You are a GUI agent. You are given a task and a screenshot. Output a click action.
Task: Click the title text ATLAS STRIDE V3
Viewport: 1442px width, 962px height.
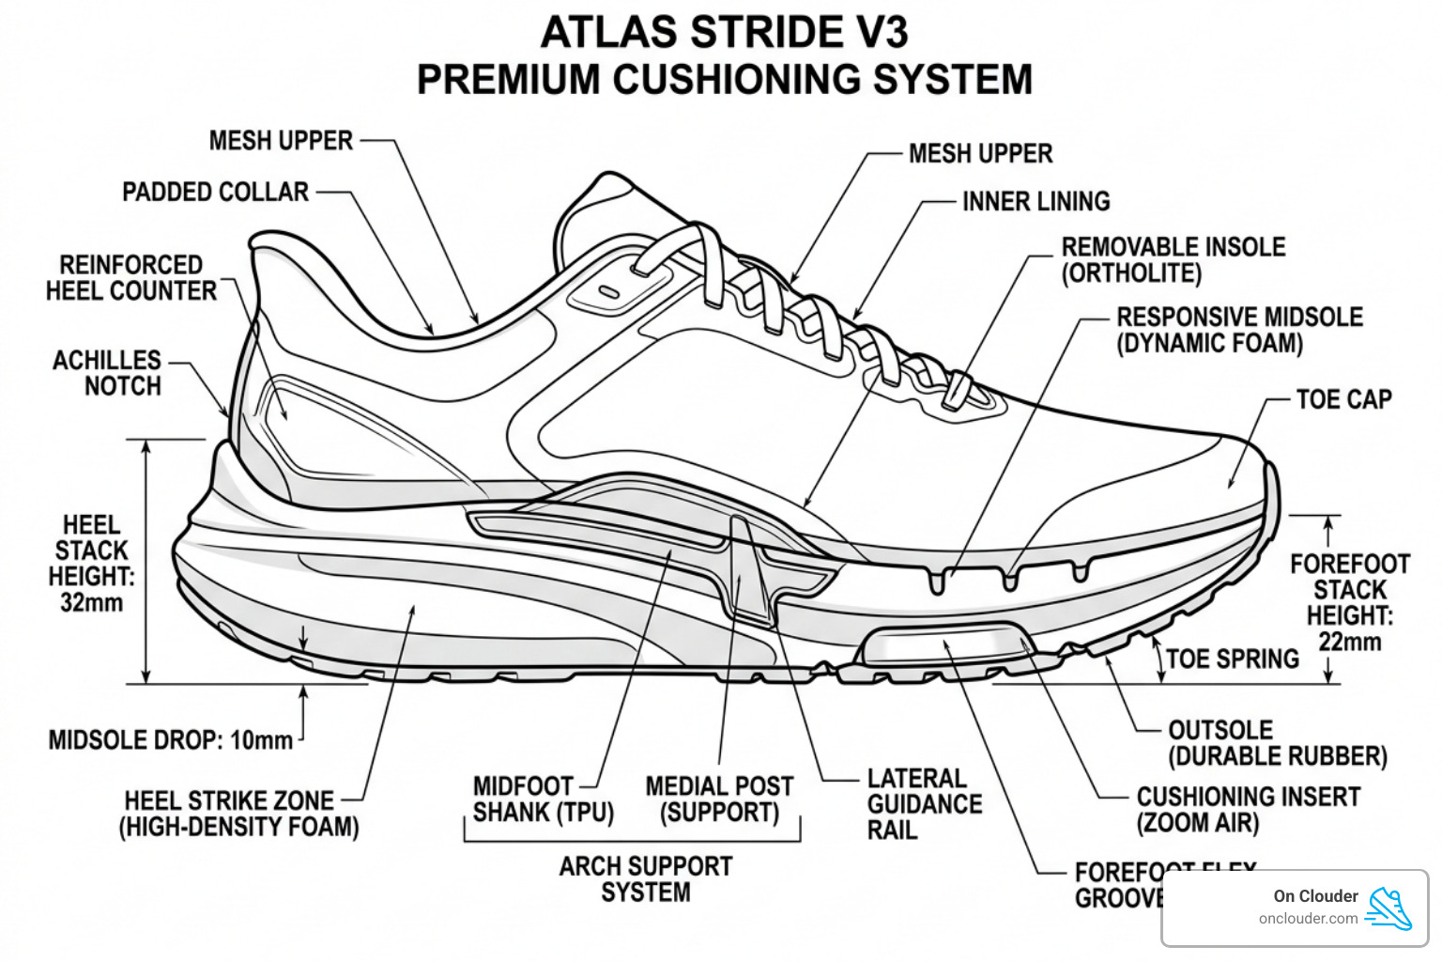point(724,33)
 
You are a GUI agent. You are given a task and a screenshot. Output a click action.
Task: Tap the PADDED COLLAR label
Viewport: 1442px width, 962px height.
point(215,192)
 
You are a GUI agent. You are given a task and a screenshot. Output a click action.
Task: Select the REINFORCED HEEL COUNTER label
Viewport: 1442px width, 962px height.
point(131,278)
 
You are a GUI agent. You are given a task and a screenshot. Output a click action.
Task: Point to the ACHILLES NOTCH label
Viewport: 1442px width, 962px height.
point(107,373)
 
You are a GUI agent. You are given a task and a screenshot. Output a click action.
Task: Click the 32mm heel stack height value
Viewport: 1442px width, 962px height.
point(92,603)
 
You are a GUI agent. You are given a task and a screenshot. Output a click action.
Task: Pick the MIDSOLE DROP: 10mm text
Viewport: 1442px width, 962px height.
point(171,740)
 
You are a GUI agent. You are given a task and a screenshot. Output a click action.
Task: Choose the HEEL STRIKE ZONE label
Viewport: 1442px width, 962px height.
point(238,814)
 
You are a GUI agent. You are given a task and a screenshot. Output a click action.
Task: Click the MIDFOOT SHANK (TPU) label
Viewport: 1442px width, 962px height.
point(543,799)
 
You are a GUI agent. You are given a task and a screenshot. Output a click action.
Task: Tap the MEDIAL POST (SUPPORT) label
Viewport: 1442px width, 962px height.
point(719,799)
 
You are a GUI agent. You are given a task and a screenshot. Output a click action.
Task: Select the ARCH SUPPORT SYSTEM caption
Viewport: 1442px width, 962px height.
point(646,879)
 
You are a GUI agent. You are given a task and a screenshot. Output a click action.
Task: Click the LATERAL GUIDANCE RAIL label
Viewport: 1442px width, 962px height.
point(924,804)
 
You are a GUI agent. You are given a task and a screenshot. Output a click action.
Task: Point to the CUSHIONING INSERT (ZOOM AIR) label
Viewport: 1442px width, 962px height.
point(1248,810)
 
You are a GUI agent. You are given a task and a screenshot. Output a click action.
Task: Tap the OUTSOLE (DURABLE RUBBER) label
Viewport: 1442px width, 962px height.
point(1277,743)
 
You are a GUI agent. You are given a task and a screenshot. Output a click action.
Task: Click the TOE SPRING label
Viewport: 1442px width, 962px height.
point(1232,659)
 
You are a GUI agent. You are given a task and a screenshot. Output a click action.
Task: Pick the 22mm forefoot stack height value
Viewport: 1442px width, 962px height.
point(1349,643)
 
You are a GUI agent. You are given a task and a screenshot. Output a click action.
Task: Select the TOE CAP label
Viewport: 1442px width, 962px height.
point(1343,399)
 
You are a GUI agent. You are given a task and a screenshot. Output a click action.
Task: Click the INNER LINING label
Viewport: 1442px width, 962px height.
point(1035,202)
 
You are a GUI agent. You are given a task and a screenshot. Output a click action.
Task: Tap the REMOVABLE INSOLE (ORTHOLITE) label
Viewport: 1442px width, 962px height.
point(1173,260)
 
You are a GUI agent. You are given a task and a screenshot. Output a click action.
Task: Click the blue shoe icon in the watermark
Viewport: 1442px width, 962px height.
point(1389,908)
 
